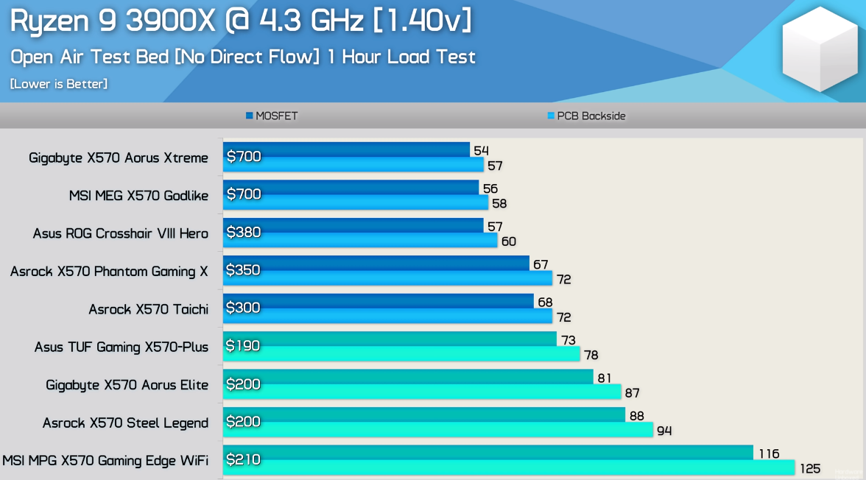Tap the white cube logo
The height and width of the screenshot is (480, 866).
coord(820,51)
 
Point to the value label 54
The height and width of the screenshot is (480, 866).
coord(481,151)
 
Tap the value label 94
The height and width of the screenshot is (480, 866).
coord(664,431)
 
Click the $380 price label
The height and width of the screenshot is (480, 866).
coord(244,233)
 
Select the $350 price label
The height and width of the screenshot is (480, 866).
coord(244,270)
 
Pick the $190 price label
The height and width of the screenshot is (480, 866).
coord(244,346)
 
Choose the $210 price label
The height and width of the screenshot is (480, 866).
coord(244,460)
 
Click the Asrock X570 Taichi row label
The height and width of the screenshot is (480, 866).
coord(148,309)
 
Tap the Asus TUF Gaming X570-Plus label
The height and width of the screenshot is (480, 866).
coord(122,347)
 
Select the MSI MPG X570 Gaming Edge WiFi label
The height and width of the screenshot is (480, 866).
coord(105,461)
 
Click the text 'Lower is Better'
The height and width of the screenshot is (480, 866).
coord(59,84)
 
